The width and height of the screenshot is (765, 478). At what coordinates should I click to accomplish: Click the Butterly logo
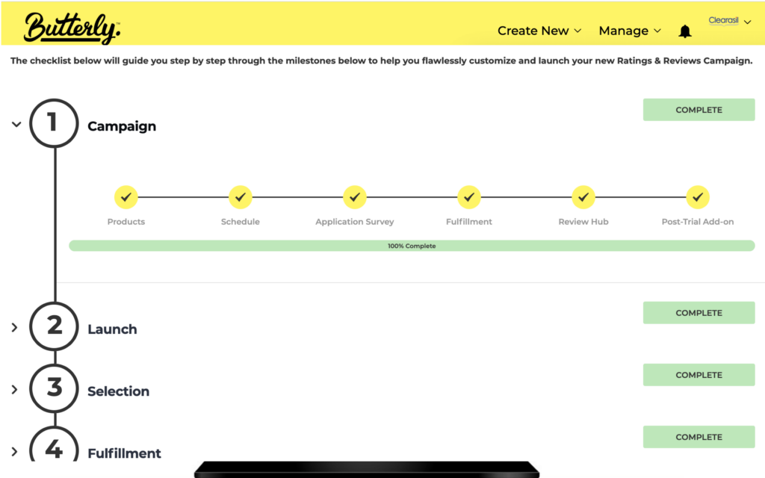pyautogui.click(x=71, y=28)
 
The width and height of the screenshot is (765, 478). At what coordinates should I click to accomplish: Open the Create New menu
pyautogui.click(x=539, y=31)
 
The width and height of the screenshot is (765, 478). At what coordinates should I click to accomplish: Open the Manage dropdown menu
pyautogui.click(x=630, y=31)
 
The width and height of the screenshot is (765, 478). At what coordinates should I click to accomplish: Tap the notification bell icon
pyautogui.click(x=685, y=31)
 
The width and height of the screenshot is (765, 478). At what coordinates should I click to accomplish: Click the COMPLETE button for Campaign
pyautogui.click(x=699, y=110)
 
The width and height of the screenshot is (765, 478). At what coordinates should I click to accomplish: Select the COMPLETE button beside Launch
pyautogui.click(x=699, y=313)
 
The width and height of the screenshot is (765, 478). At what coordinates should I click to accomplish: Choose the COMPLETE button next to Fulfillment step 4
pyautogui.click(x=699, y=437)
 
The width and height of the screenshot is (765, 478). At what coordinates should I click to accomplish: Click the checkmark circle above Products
pyautogui.click(x=126, y=197)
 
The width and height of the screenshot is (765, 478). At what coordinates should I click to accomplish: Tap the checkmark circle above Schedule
pyautogui.click(x=241, y=197)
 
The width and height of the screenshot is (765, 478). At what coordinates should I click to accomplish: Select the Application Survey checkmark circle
pyautogui.click(x=355, y=197)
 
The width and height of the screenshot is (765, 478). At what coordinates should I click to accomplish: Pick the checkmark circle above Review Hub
pyautogui.click(x=583, y=197)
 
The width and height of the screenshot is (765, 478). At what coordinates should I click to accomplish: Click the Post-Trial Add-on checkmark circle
pyautogui.click(x=698, y=197)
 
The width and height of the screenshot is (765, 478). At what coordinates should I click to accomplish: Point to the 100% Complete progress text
pyautogui.click(x=412, y=246)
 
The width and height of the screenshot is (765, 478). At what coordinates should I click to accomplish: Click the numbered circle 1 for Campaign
pyautogui.click(x=54, y=123)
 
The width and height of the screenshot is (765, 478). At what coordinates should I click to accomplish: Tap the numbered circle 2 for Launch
pyautogui.click(x=54, y=326)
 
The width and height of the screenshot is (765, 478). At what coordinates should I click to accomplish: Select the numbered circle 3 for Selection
pyautogui.click(x=54, y=388)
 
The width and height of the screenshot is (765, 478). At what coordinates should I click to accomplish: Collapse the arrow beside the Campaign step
pyautogui.click(x=16, y=124)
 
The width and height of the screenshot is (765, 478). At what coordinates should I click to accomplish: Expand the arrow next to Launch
pyautogui.click(x=14, y=327)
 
